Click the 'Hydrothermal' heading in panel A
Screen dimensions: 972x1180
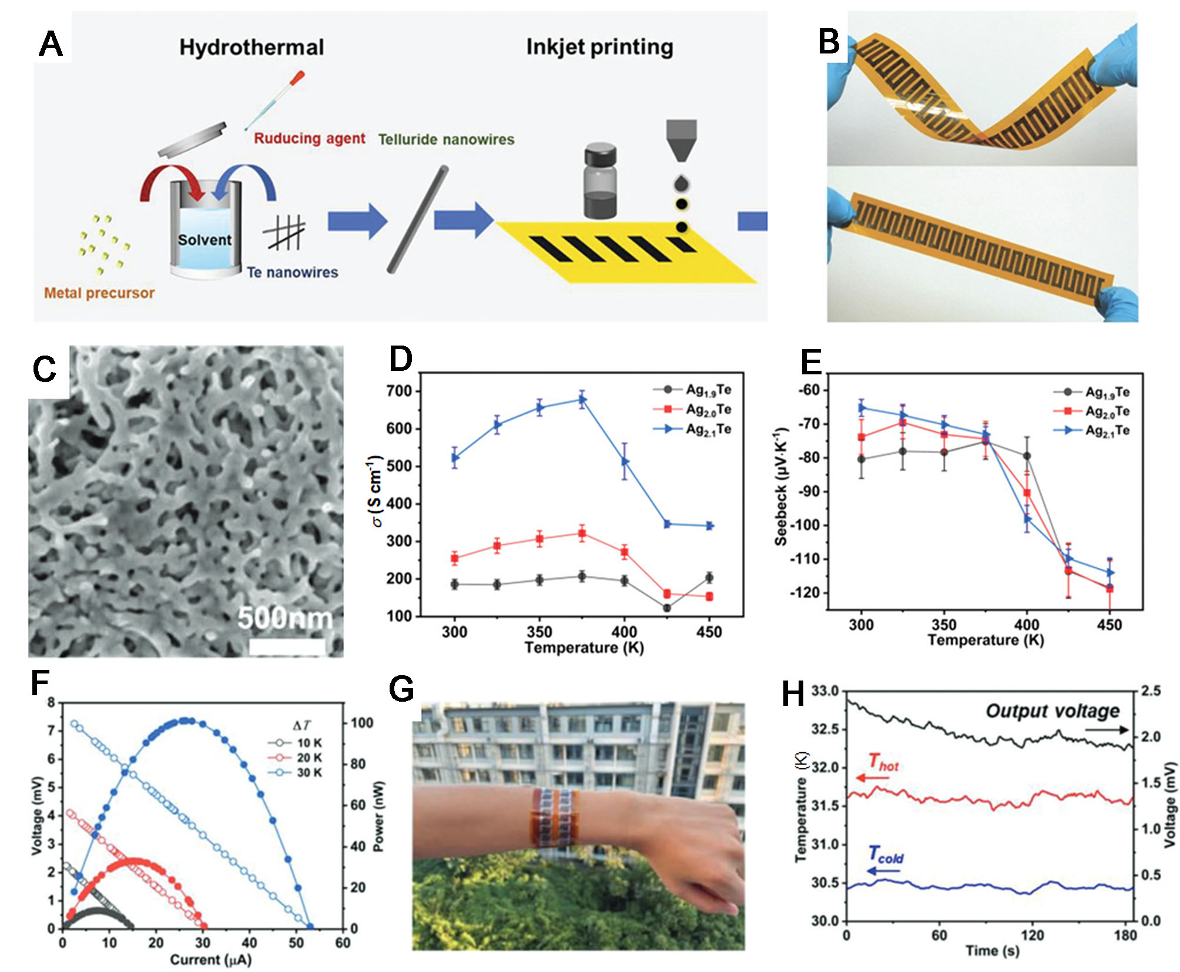[251, 47]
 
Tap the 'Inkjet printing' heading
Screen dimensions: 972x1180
[599, 46]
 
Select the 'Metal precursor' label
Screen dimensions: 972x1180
[99, 293]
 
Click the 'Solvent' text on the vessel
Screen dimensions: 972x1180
[205, 240]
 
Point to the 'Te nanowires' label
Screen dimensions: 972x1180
[292, 272]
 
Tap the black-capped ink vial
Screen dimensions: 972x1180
[600, 183]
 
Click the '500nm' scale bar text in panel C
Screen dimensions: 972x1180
[284, 618]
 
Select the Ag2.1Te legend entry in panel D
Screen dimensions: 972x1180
[708, 430]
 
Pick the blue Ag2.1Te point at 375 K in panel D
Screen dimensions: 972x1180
[582, 400]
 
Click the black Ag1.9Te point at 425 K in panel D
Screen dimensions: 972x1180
[667, 608]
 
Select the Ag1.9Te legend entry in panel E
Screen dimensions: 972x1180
[1107, 392]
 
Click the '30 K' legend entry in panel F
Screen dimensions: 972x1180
[309, 772]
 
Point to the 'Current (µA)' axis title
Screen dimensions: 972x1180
[210, 959]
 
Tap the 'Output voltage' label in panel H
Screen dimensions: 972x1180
[1052, 711]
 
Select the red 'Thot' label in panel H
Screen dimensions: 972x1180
[883, 763]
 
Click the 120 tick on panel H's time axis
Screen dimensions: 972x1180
[1032, 935]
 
